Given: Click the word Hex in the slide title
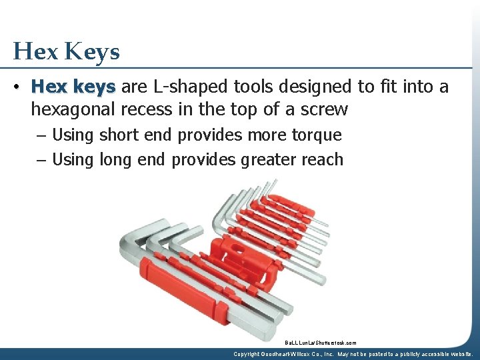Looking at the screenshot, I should coord(35,51).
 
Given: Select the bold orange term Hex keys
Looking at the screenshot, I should coord(73,87).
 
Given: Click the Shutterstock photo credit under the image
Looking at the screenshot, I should coord(320,343).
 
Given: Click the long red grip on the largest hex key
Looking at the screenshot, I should coord(180,291).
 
